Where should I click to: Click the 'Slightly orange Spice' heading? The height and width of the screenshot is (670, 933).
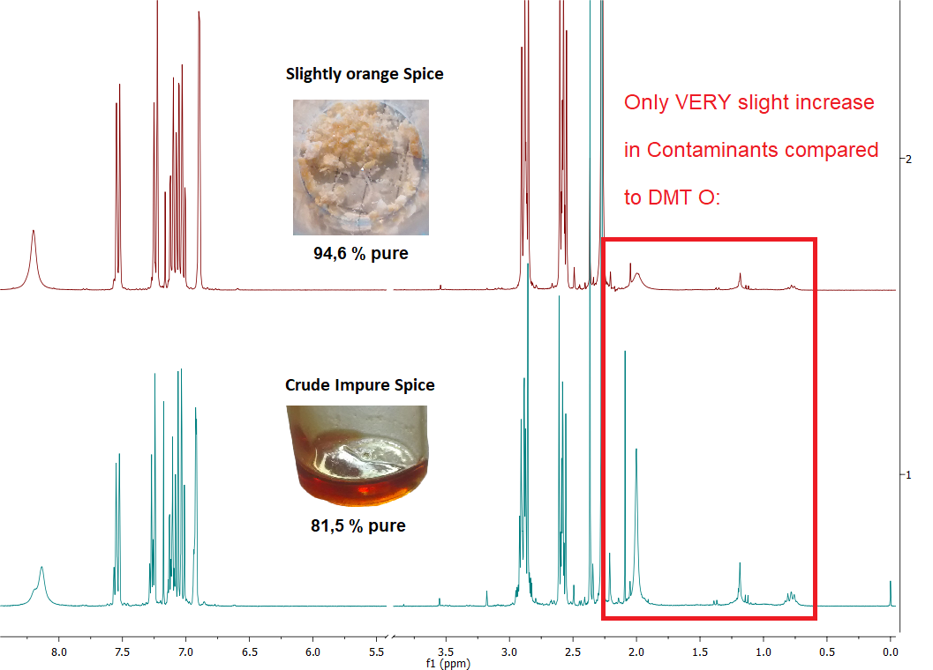(x=365, y=74)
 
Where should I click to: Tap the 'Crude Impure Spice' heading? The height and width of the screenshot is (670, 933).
(x=359, y=385)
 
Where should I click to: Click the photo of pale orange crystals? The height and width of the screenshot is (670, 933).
(x=360, y=167)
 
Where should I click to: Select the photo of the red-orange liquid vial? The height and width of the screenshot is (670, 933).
(x=357, y=455)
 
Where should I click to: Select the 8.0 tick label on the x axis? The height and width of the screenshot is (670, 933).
(x=58, y=652)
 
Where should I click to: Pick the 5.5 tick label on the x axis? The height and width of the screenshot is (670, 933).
(x=376, y=652)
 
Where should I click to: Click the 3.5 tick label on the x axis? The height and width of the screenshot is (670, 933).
(x=446, y=652)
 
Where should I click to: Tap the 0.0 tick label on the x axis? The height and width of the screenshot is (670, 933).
(x=890, y=652)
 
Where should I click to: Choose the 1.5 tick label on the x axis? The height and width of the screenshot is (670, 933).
(x=700, y=652)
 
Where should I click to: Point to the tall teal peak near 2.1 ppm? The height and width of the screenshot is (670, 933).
(x=625, y=353)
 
